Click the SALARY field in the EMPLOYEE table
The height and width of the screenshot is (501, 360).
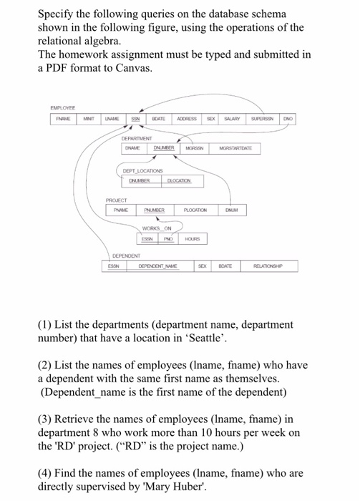(231, 118)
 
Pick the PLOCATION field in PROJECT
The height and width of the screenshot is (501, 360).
(194, 210)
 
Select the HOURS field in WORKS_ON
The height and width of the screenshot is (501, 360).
(192, 239)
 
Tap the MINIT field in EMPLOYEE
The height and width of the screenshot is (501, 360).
(89, 118)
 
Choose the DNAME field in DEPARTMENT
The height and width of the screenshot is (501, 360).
(132, 149)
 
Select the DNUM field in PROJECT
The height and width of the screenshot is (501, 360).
(230, 210)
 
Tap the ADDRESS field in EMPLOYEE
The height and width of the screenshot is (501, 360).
(187, 118)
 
